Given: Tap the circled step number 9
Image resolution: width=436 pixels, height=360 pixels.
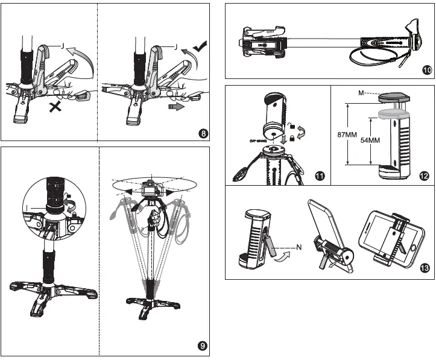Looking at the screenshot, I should tap(204, 346).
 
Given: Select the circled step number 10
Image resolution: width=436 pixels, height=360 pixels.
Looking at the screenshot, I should tap(426, 70).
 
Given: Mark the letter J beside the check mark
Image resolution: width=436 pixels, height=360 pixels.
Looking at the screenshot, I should tap(174, 46).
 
